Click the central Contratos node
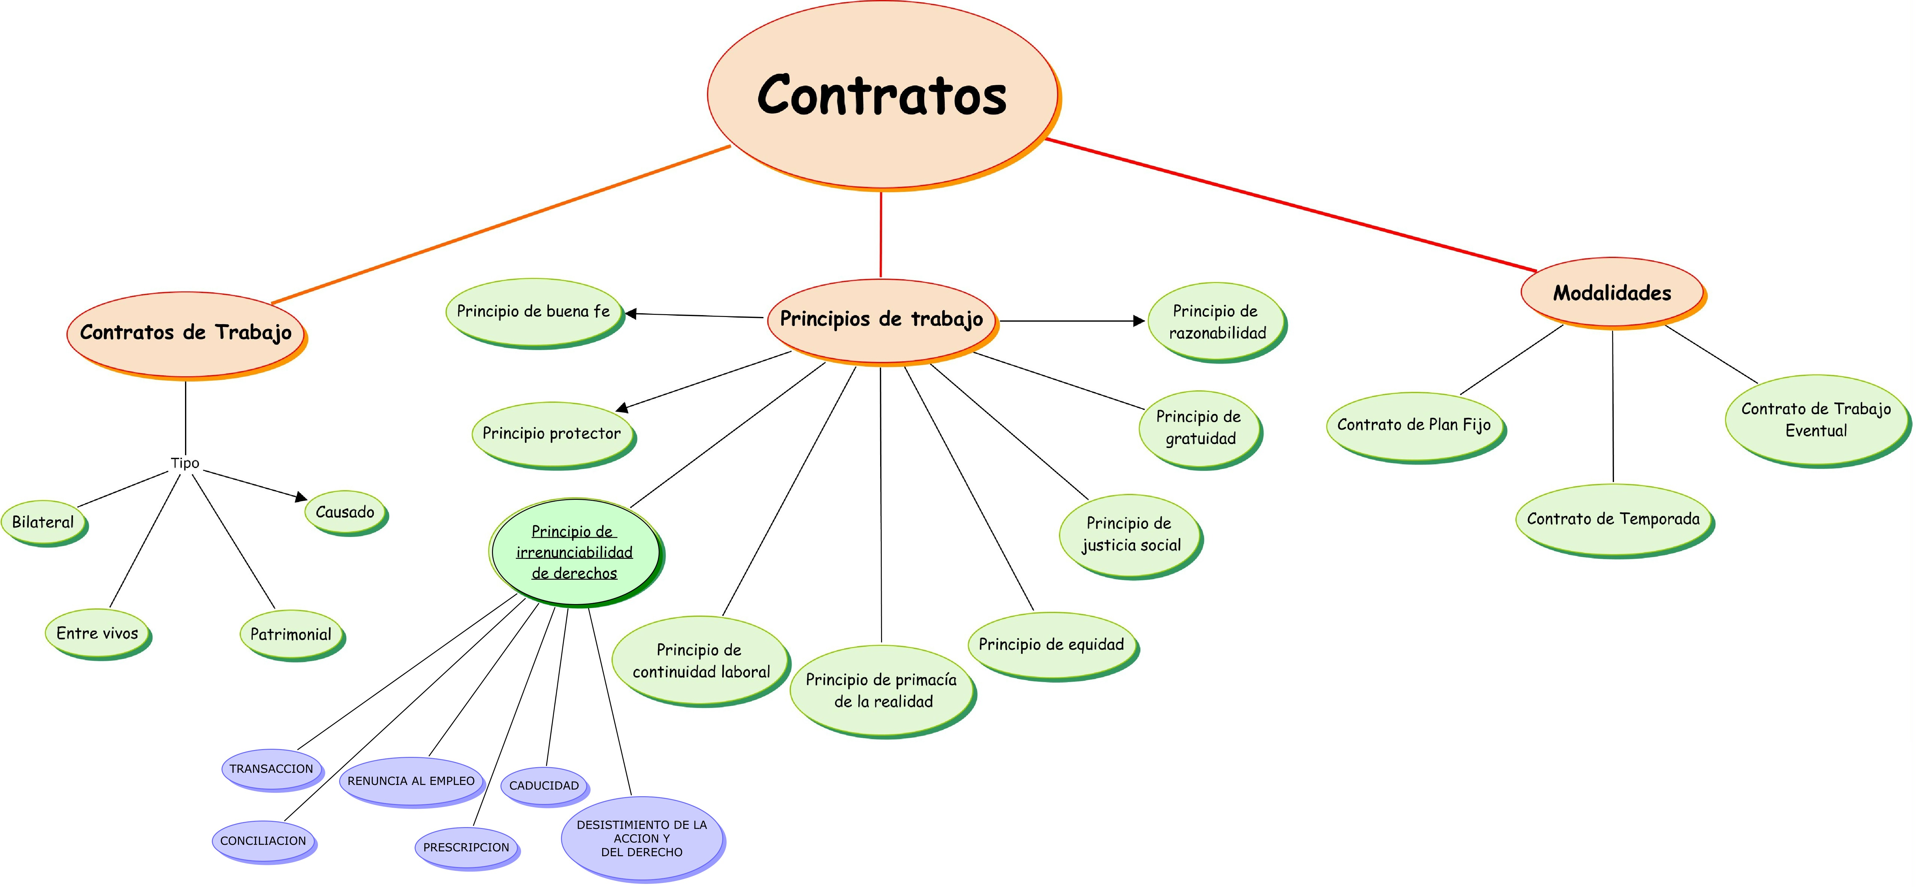click(882, 95)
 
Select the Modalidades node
click(1612, 293)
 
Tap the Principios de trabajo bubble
click(881, 320)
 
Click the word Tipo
click(185, 463)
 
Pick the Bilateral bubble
click(43, 522)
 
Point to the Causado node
click(345, 512)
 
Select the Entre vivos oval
click(97, 633)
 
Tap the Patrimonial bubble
click(291, 634)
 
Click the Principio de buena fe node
click(533, 312)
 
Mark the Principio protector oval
click(552, 433)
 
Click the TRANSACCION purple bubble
click(271, 769)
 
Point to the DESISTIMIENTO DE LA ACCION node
click(642, 838)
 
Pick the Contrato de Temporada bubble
click(1613, 519)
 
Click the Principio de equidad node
click(1052, 645)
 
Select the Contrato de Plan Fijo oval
click(1414, 425)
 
